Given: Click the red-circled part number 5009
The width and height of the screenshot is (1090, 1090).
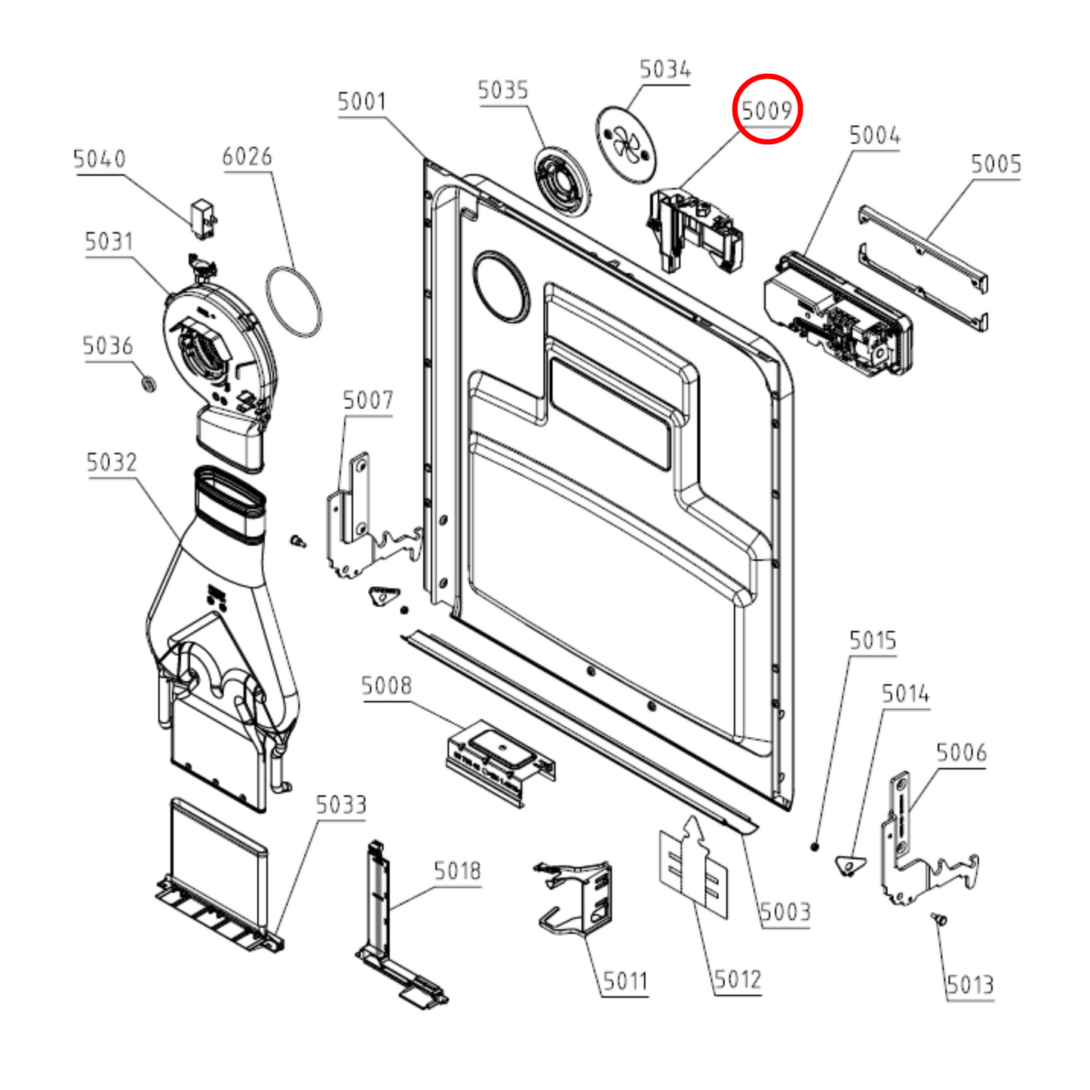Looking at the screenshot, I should pos(767,110).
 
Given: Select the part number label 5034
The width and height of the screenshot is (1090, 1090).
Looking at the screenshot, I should pos(665,70).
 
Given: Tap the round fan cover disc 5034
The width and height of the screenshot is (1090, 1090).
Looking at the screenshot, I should pos(627,143).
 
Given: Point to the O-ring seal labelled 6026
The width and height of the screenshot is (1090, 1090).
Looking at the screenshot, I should pos(293,301).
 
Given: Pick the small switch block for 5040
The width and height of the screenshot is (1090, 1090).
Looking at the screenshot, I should pos(202,219).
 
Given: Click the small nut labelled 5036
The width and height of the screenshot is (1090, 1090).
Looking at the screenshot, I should pos(148,383).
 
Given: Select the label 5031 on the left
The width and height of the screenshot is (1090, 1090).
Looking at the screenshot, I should pos(109,242).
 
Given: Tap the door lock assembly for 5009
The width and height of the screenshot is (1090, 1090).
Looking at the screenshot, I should pos(694,229).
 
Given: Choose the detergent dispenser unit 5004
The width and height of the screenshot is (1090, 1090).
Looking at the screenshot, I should pos(837,315).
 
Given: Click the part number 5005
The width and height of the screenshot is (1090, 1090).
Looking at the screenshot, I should pos(996,164).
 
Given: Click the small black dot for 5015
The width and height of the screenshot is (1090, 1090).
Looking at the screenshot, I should pos(815,846).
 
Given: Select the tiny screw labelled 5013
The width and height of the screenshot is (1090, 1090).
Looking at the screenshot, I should pos(939,919).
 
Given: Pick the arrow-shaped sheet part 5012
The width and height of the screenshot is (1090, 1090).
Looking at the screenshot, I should pos(694,867).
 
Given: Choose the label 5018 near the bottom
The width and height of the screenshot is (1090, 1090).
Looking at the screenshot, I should pos(457,871).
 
